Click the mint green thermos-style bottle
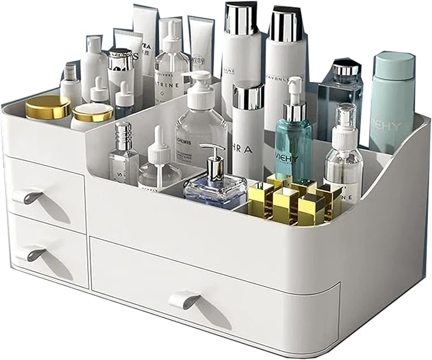point(392,102)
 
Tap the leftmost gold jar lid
point(48,107)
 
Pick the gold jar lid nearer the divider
point(92,113)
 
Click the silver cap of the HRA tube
point(248,95)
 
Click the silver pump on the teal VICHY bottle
point(295,95)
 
